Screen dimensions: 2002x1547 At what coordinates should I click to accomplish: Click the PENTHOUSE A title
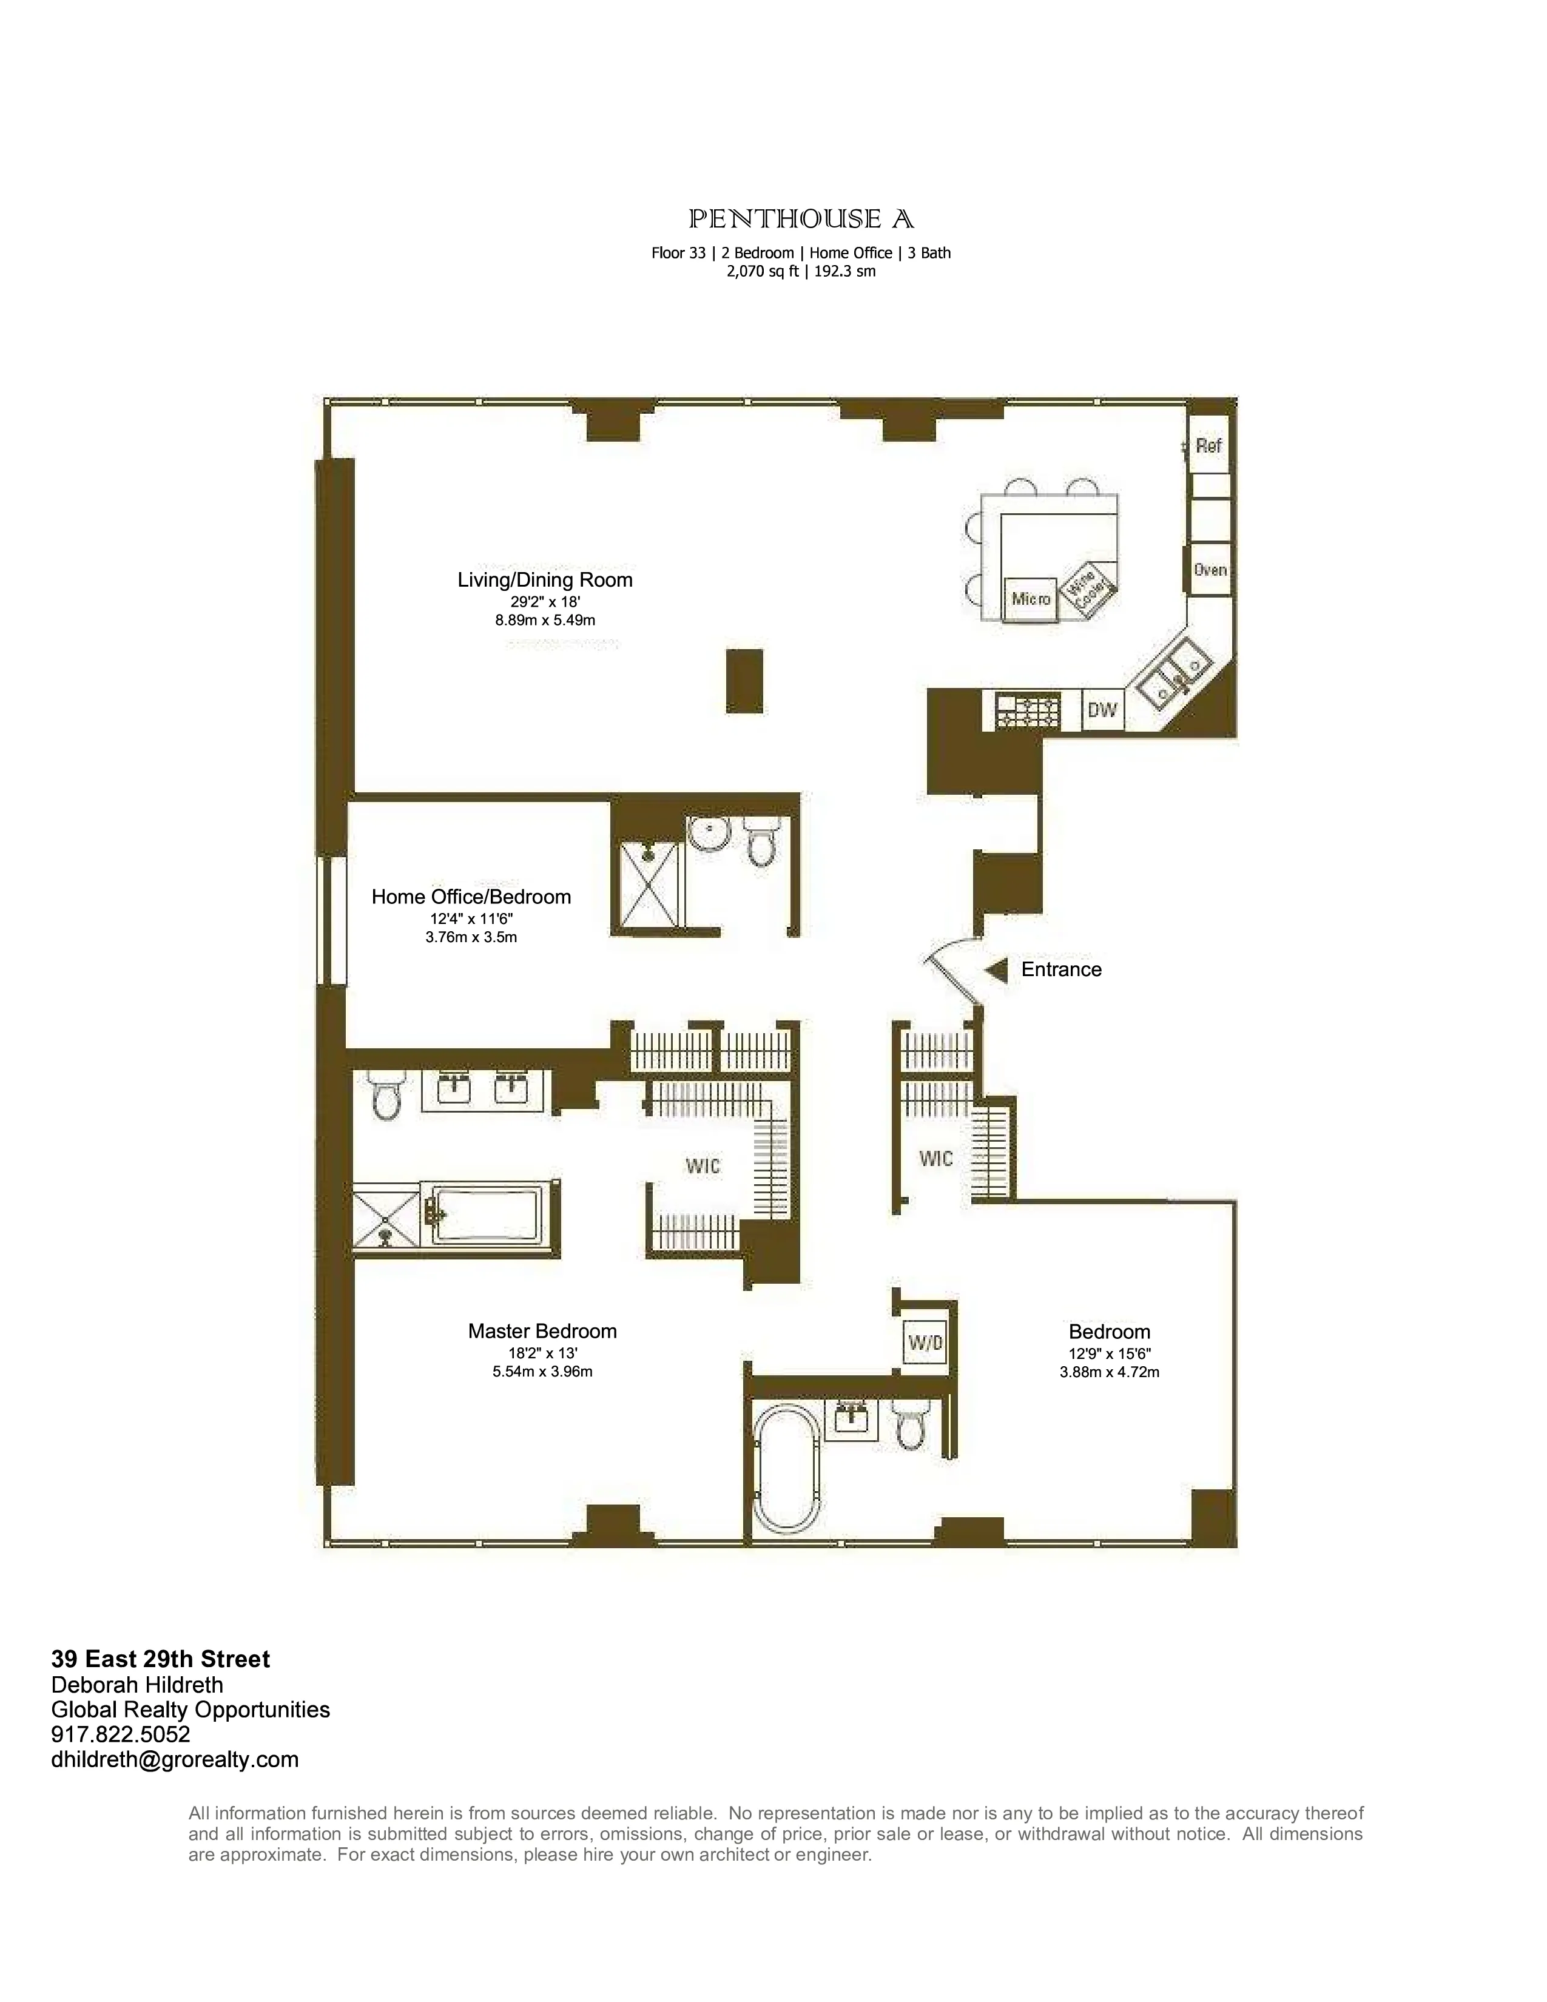pos(801,219)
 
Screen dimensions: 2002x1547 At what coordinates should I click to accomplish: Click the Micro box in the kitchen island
pos(1031,599)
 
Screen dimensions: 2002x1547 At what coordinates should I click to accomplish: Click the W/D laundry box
pos(925,1344)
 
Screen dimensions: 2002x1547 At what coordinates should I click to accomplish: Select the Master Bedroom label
pos(542,1331)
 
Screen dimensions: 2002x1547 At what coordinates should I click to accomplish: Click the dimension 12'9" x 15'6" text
pos(1109,1353)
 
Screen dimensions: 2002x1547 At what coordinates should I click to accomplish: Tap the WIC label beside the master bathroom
pos(703,1166)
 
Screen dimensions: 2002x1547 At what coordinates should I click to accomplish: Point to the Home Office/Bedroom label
pos(471,897)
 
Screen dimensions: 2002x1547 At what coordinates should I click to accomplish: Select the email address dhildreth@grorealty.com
pos(175,1760)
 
